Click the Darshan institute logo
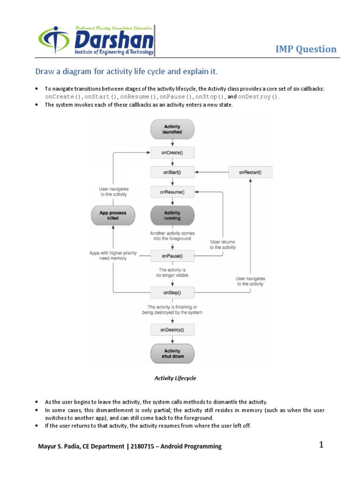97,41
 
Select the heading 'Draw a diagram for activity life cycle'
127,72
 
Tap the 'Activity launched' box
172,129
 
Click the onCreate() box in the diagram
172,153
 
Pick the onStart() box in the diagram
172,172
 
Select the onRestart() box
250,172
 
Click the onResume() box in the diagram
172,192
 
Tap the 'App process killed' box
112,216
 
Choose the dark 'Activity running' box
172,216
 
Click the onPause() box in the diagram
172,256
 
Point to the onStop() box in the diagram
172,293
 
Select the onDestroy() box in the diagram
172,330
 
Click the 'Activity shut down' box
172,353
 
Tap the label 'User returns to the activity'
223,244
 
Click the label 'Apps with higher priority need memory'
113,255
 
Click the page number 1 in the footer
322,445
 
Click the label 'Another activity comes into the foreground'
172,235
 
